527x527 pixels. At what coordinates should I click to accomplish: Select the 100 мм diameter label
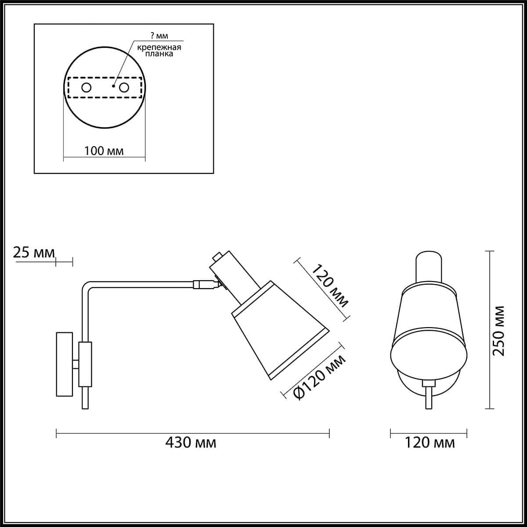(104, 151)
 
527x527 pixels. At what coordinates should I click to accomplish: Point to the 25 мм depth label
(34, 253)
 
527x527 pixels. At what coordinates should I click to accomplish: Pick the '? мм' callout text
(159, 36)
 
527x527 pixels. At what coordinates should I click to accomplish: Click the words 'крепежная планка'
(159, 51)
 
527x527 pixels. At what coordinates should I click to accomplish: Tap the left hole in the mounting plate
(87, 88)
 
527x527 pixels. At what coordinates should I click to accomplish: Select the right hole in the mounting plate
(124, 88)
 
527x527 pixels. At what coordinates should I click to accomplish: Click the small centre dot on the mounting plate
(113, 87)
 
